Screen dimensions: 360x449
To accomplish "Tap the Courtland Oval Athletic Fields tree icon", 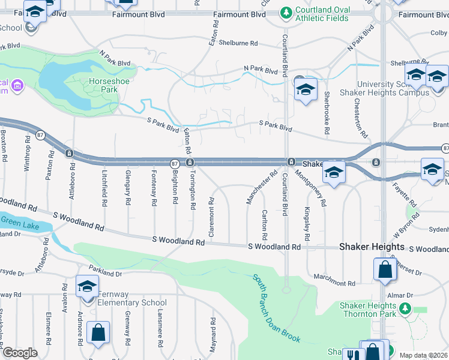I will (x=286, y=13).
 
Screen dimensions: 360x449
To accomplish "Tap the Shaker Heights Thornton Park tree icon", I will (x=405, y=309).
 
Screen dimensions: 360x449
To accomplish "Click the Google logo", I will (x=20, y=353).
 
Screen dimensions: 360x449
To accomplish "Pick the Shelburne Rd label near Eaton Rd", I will (x=238, y=43).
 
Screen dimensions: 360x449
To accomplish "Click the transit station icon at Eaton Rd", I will (x=190, y=163).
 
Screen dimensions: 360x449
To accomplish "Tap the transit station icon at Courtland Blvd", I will (x=291, y=162).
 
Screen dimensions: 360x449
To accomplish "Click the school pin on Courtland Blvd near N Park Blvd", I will (x=306, y=89).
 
